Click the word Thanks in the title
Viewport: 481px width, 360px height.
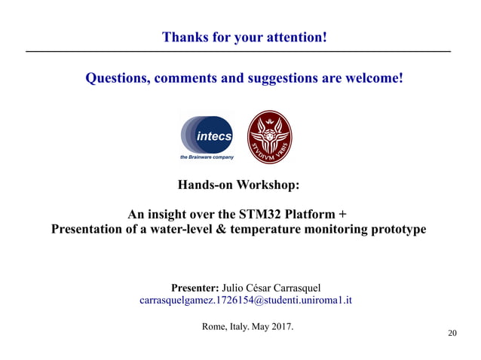tap(183, 37)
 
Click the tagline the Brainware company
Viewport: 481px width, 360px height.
tap(207, 157)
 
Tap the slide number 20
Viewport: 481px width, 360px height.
tap(452, 334)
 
